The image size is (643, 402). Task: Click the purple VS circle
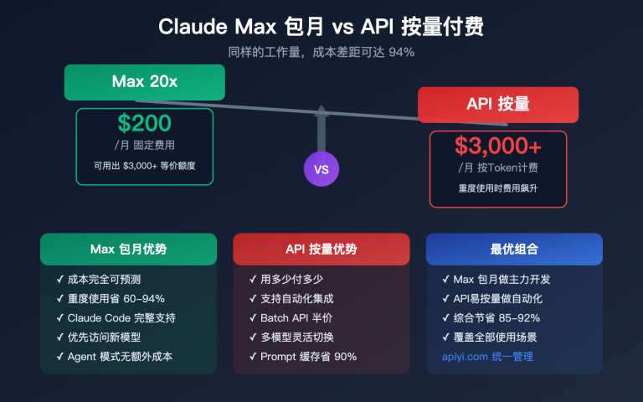(x=321, y=168)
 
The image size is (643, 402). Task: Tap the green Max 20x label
(x=145, y=81)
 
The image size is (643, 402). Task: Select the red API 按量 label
(x=498, y=105)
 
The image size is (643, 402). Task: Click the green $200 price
(x=145, y=124)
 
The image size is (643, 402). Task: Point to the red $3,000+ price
(x=498, y=146)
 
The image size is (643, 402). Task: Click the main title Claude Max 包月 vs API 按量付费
(x=321, y=27)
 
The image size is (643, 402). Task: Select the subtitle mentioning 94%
(x=321, y=52)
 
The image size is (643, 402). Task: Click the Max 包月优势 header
(x=128, y=249)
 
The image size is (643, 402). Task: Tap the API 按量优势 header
(x=321, y=249)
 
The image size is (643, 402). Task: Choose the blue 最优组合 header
(x=514, y=249)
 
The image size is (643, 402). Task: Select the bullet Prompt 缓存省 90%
(x=303, y=357)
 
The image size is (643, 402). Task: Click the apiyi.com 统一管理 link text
(x=487, y=357)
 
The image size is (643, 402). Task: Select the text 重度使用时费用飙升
(x=498, y=188)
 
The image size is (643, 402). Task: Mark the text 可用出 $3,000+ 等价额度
(x=145, y=166)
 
